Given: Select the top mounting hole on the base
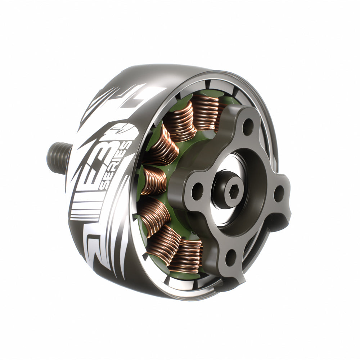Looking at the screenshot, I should (247, 126).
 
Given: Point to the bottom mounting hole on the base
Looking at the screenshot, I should (231, 256).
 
